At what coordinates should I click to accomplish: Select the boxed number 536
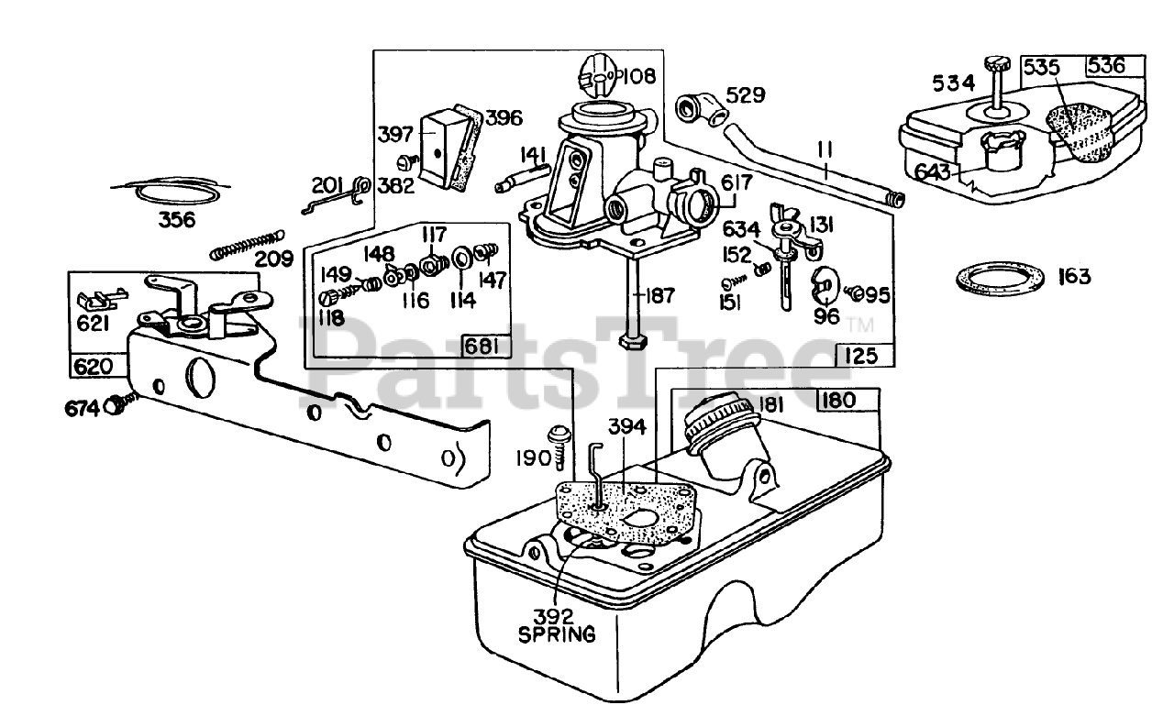point(1116,65)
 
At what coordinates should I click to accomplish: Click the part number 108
point(638,76)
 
